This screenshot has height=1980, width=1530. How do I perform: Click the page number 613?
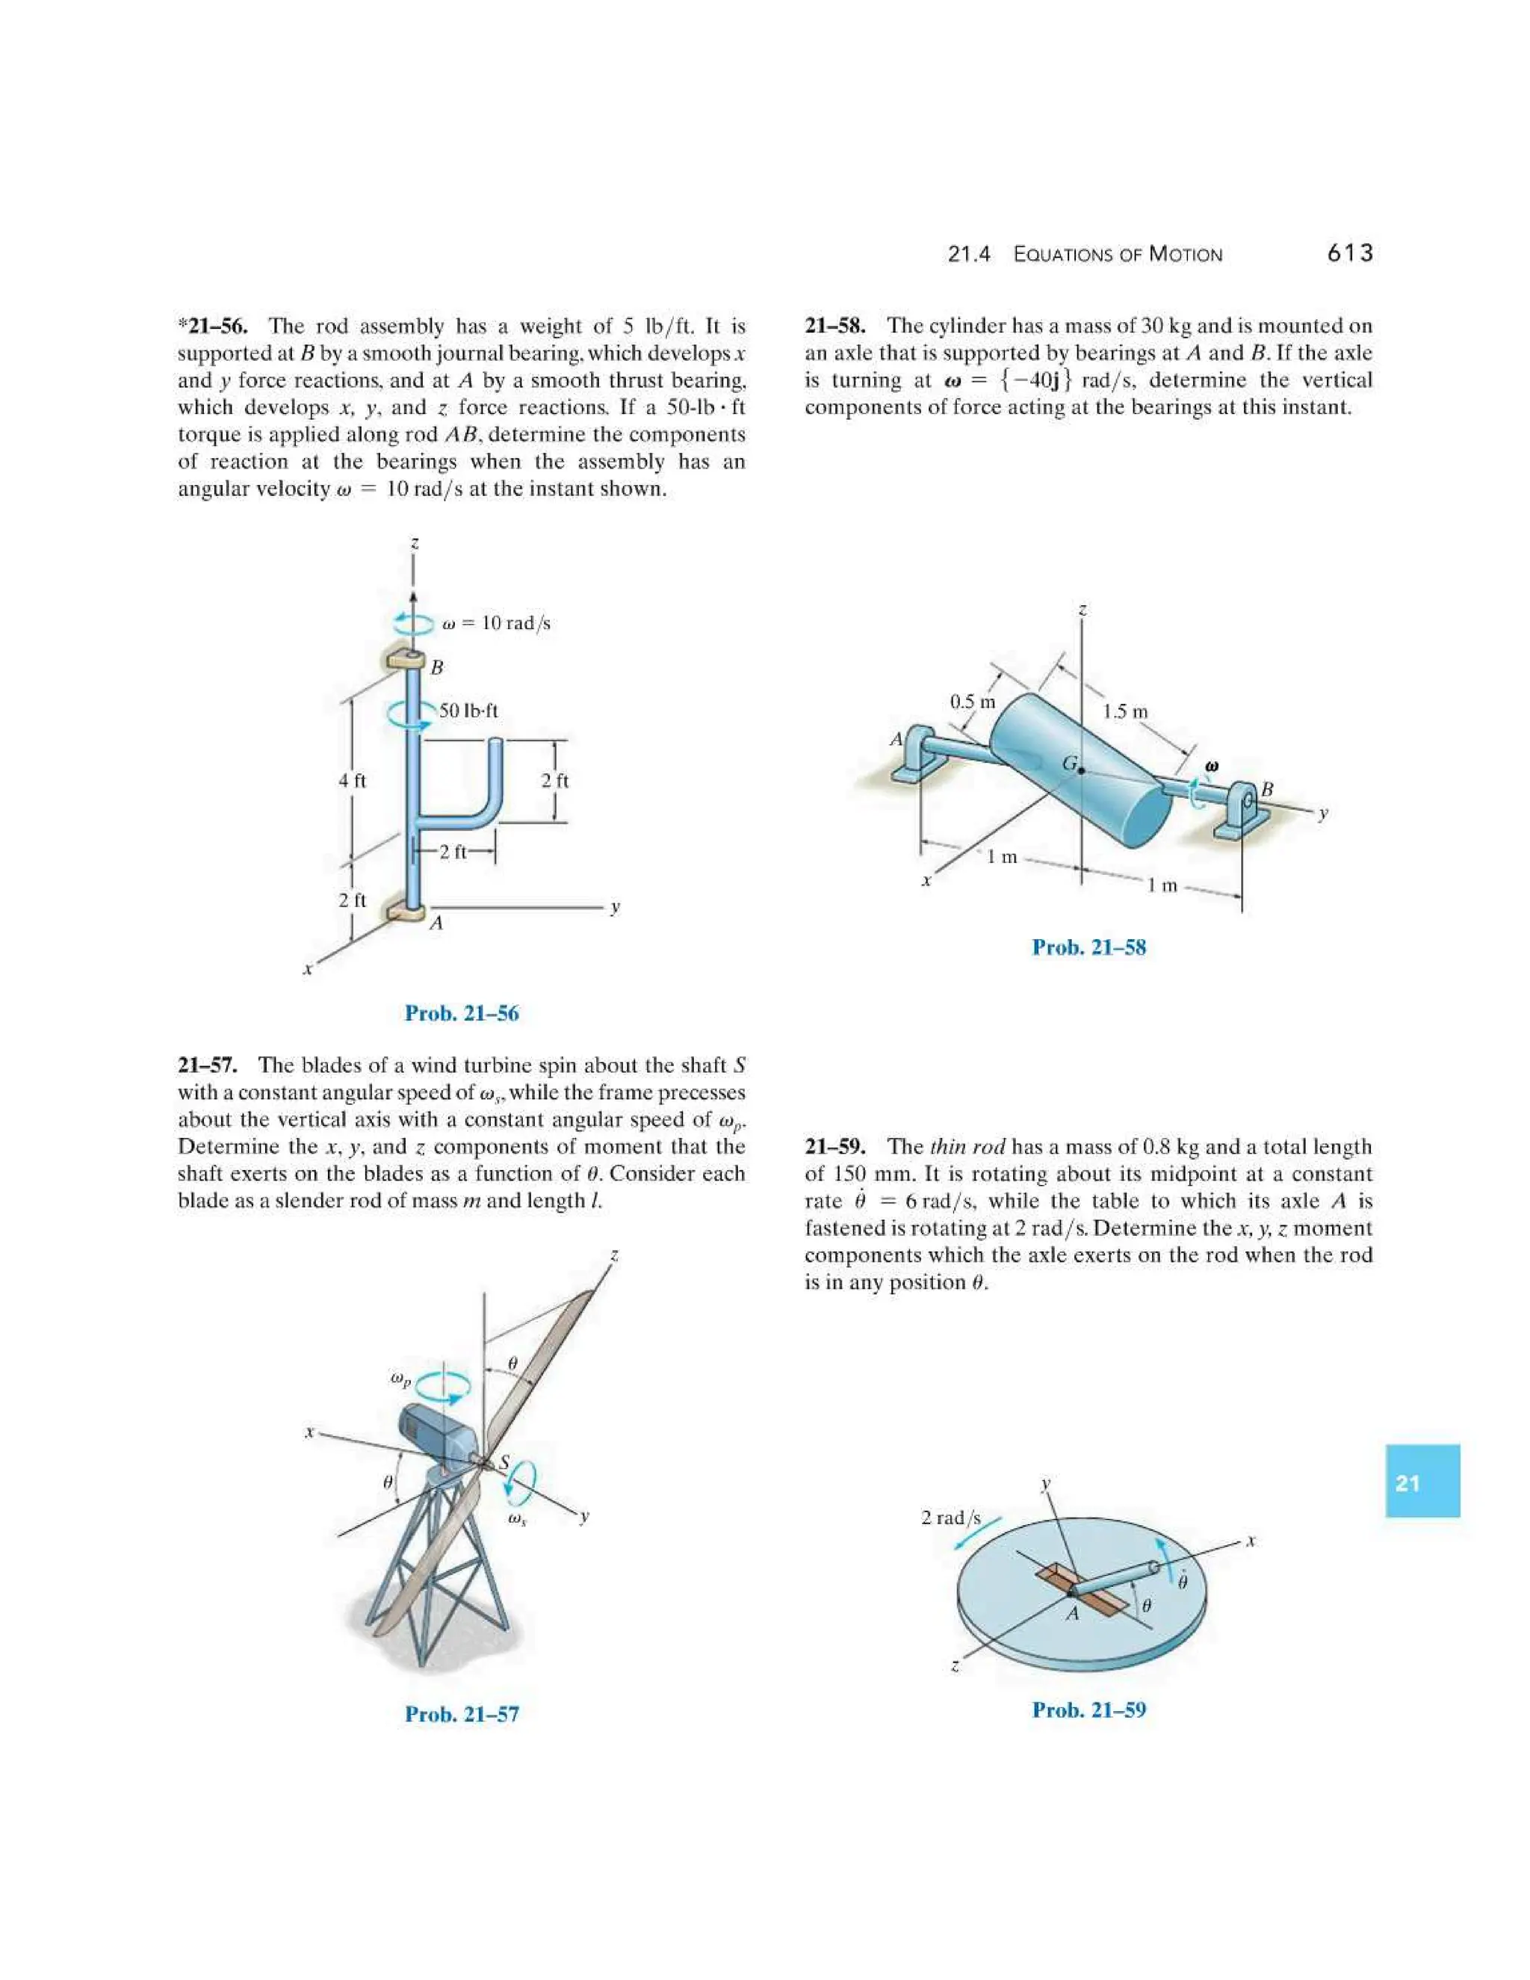1350,254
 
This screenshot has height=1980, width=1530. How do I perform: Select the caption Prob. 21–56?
462,1014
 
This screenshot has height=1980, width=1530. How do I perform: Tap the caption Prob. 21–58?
1088,947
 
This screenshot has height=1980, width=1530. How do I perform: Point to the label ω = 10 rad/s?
496,623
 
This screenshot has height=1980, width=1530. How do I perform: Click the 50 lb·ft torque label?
468,711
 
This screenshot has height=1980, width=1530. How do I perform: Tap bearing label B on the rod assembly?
437,667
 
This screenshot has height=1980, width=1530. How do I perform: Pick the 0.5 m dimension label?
973,701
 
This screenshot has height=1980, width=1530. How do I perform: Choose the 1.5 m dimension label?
1126,711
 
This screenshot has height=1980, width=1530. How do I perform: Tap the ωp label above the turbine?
400,1379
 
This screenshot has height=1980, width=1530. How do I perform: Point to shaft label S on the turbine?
505,1461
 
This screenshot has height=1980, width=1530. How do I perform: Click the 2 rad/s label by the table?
951,1518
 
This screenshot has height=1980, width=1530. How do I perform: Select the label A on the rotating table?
1074,1613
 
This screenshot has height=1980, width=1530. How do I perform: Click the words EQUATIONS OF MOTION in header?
1118,255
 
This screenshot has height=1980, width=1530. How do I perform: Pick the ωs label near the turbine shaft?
517,1518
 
